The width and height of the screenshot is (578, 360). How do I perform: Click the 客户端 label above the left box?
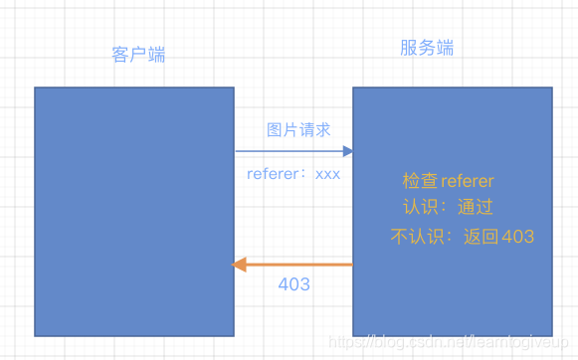pos(138,54)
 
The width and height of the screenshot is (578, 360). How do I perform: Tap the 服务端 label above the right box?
pos(427,48)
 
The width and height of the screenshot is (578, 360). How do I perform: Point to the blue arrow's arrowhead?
pos(348,151)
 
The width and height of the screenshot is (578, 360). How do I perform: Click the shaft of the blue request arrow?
pos(289,151)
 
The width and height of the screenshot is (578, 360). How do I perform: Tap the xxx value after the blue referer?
pos(327,173)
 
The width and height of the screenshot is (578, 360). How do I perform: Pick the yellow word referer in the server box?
pos(467,181)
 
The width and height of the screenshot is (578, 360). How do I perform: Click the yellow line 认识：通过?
pos(447,208)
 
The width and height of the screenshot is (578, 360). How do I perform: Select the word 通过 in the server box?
pos(475,208)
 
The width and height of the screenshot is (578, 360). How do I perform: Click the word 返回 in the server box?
pos(482,237)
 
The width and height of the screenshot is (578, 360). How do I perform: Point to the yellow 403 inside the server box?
pos(517,237)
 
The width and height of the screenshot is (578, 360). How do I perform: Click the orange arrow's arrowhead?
pos(238,264)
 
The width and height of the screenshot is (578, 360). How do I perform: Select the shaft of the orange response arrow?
pos(298,264)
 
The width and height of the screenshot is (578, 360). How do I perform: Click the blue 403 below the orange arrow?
pos(293,284)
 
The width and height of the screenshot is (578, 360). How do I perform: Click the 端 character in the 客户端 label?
pos(156,54)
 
